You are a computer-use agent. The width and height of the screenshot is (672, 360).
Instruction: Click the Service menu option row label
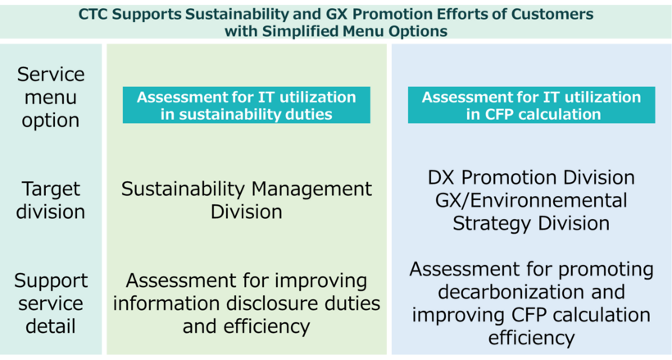(x=51, y=98)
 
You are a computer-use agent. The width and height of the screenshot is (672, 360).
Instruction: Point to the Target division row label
(x=51, y=200)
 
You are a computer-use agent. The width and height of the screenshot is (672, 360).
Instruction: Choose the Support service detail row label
(x=51, y=303)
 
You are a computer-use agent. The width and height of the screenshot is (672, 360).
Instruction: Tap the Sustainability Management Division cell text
(x=246, y=200)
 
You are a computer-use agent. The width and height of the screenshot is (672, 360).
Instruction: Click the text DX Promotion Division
(x=531, y=178)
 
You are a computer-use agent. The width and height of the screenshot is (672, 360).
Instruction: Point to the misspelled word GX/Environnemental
(x=531, y=200)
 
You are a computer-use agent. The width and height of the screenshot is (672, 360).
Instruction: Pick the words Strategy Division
(x=531, y=222)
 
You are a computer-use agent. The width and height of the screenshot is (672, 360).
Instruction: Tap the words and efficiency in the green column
(x=246, y=326)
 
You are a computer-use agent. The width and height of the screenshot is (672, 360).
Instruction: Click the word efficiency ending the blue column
(x=531, y=337)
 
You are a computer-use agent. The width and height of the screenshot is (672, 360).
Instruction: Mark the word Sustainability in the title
(x=225, y=15)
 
